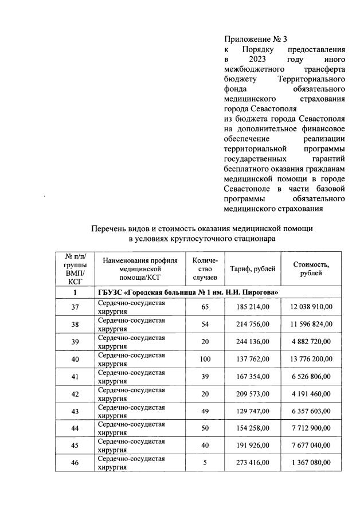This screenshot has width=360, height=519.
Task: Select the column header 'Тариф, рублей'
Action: point(252,268)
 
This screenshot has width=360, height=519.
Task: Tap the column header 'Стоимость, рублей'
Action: point(311,268)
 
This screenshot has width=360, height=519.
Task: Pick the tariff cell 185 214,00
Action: point(252,307)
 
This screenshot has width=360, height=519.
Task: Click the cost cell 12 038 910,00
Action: point(311,307)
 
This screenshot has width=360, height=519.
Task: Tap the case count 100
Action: point(205,360)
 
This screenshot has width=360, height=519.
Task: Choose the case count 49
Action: point(205,410)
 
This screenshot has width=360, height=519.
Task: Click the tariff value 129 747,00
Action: point(252,410)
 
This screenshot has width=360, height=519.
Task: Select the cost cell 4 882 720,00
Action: point(311,342)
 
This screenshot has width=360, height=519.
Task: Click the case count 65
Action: point(205,307)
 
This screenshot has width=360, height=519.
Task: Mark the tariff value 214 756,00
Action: point(252,324)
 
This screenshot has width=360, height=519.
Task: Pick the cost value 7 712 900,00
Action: point(311,428)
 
